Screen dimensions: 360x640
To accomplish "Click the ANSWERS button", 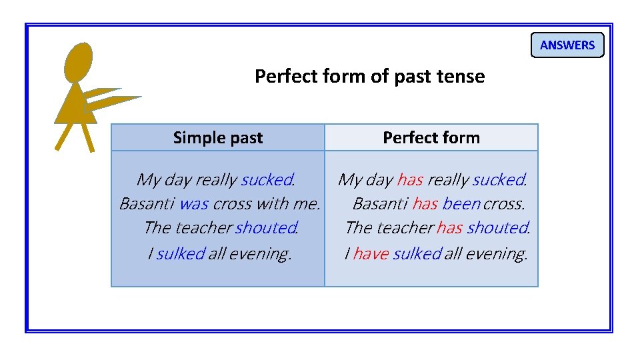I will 567,45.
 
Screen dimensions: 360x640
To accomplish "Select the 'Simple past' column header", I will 218,138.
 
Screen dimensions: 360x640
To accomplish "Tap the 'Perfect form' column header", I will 431,138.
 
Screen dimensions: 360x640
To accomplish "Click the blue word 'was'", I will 194,203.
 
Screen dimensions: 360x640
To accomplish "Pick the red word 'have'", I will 371,253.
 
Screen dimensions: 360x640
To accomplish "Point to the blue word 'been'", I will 461,203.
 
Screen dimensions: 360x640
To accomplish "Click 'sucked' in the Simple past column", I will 267,179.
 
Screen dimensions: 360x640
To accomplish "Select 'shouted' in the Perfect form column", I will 497,228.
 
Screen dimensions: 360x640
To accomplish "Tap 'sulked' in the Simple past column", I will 180,253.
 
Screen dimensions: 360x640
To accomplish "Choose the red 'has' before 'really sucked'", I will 409,179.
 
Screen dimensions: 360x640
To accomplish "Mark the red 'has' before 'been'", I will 425,203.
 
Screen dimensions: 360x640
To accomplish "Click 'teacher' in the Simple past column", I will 203,228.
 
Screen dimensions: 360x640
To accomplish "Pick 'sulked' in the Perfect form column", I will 417,253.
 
